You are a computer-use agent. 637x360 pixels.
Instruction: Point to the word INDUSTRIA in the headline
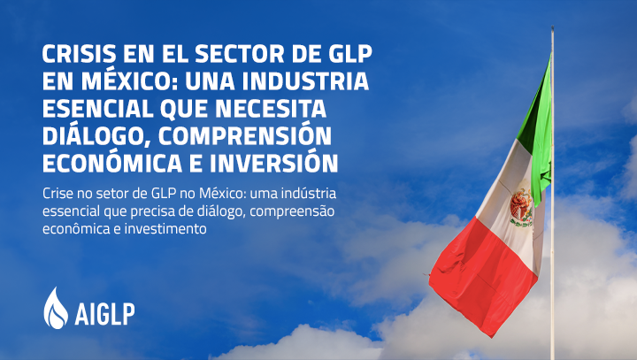coord(308,80)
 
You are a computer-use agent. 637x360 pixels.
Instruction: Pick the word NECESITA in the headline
coord(271,108)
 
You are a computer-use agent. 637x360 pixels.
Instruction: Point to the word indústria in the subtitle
coord(309,194)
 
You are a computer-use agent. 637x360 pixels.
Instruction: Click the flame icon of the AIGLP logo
coord(56,308)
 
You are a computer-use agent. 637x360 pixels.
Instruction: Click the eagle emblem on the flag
coord(521,208)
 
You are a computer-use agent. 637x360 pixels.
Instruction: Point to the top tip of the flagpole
coord(552,27)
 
